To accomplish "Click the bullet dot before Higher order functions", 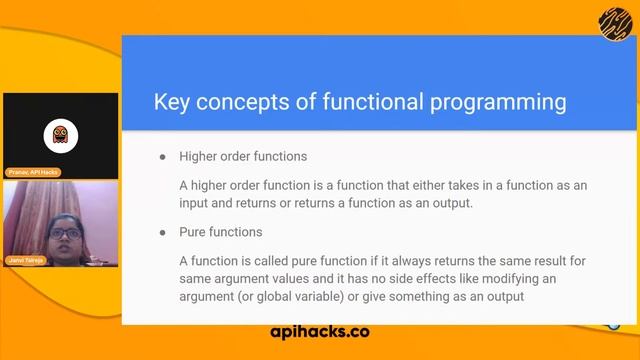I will click(163, 157).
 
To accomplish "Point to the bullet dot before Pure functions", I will click(163, 232).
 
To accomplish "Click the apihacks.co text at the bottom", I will click(320, 331).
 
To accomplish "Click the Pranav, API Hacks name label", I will click(33, 173).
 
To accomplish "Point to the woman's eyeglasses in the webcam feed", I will click(64, 234).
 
